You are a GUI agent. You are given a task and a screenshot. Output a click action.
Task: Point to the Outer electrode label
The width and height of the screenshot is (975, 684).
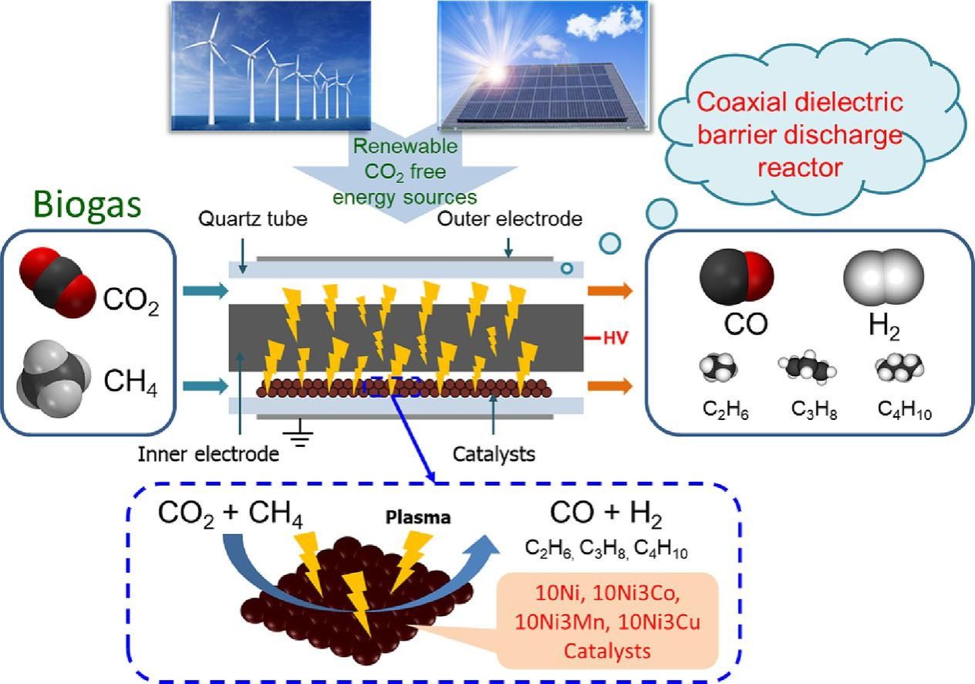pos(509,218)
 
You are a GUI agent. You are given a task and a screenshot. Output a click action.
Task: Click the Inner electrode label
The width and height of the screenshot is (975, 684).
pos(208,454)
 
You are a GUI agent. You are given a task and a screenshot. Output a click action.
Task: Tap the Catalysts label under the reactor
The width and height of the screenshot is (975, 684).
pos(494,454)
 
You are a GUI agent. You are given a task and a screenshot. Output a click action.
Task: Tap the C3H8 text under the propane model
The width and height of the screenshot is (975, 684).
pos(814,411)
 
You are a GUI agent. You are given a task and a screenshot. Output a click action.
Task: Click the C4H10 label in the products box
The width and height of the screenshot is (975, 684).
pos(904,411)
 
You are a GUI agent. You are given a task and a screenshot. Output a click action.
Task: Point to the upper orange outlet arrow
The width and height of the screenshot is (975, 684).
pos(609,290)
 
